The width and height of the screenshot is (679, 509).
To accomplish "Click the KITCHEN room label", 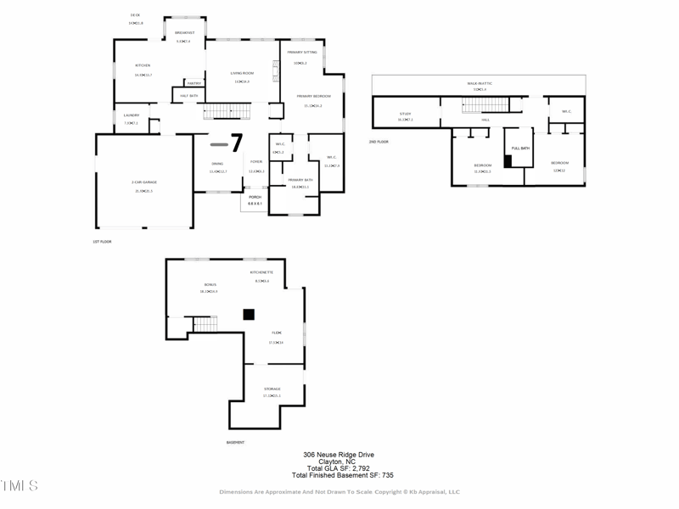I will (143, 65).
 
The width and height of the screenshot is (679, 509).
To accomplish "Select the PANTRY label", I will (194, 83).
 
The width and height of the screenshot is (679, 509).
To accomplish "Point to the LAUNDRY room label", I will (131, 115).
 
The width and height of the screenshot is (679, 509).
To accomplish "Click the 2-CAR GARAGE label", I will (143, 182).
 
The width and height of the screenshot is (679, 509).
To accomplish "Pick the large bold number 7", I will (237, 143).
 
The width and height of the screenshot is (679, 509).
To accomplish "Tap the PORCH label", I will (255, 198).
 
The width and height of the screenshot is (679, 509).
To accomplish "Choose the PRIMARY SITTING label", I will (301, 53).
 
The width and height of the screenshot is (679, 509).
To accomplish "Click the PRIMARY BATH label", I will (300, 180).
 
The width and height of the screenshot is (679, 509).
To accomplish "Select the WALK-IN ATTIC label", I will (480, 83).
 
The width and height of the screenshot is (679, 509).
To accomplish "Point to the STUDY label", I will (405, 114).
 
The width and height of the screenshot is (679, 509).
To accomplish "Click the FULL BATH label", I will (519, 149).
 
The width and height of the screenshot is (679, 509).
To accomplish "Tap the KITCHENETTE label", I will (261, 272).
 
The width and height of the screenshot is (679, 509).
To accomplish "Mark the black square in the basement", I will (249, 314).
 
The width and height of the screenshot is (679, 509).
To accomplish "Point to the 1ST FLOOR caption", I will (102, 242).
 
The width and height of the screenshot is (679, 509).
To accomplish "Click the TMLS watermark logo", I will (19, 486).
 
